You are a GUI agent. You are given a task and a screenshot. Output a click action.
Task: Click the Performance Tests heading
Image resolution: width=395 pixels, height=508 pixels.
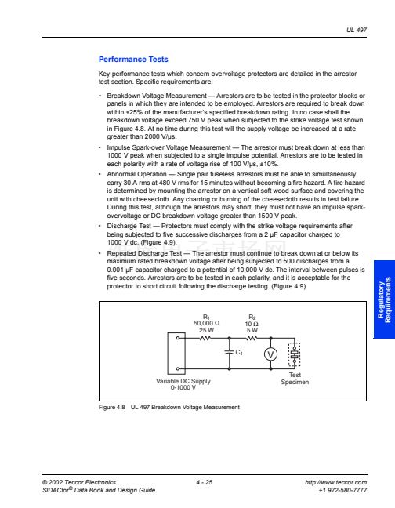[x=133, y=60]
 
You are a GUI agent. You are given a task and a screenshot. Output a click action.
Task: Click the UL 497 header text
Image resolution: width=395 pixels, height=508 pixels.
[x=357, y=30]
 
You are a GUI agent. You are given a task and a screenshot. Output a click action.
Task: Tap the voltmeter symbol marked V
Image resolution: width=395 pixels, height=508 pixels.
[x=270, y=354]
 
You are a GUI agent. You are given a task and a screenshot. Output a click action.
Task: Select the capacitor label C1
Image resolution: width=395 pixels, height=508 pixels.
[x=239, y=352]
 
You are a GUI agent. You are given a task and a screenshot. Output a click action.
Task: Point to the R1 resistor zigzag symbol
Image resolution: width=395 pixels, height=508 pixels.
[x=205, y=338]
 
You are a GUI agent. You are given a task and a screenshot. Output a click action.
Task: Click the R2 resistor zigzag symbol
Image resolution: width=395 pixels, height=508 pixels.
[x=252, y=338]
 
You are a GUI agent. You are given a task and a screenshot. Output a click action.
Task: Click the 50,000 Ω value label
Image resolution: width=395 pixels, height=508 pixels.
[x=207, y=323]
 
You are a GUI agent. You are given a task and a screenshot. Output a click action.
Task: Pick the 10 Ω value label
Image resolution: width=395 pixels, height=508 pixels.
[x=252, y=324]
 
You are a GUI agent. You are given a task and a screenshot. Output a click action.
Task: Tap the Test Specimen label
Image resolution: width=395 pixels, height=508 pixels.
[x=295, y=379]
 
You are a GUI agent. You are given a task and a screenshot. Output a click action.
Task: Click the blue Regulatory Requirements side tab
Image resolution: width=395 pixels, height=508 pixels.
[x=384, y=299]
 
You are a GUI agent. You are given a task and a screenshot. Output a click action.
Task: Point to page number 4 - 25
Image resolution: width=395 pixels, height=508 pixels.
[x=205, y=482]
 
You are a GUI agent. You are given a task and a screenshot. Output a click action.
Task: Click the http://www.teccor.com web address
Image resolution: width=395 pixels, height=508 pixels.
[x=335, y=482]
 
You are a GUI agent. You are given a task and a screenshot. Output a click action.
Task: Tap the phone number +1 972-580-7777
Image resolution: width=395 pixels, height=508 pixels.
[x=342, y=490]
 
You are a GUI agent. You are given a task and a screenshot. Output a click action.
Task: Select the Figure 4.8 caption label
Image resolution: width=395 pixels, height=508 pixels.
[x=112, y=407]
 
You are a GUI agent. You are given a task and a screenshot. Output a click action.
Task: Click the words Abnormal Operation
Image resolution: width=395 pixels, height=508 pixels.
[x=136, y=174]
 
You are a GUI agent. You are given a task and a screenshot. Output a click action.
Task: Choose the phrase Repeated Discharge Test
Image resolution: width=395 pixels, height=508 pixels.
[x=144, y=253]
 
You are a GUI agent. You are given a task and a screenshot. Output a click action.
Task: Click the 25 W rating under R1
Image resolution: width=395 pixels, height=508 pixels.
[x=207, y=330]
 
